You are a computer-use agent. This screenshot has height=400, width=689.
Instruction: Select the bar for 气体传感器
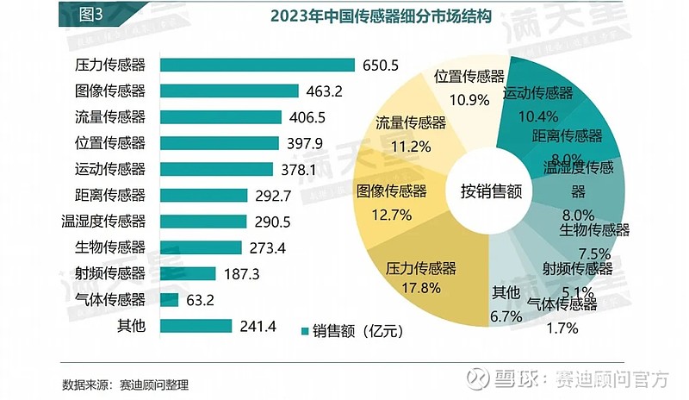170,300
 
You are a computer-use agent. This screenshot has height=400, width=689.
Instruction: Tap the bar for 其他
196,326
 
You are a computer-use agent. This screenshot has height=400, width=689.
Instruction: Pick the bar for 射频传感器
188,273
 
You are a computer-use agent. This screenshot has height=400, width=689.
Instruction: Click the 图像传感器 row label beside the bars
111,91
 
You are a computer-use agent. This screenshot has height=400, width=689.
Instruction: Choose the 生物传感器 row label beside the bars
111,247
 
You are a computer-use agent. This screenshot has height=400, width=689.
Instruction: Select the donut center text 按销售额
490,191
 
